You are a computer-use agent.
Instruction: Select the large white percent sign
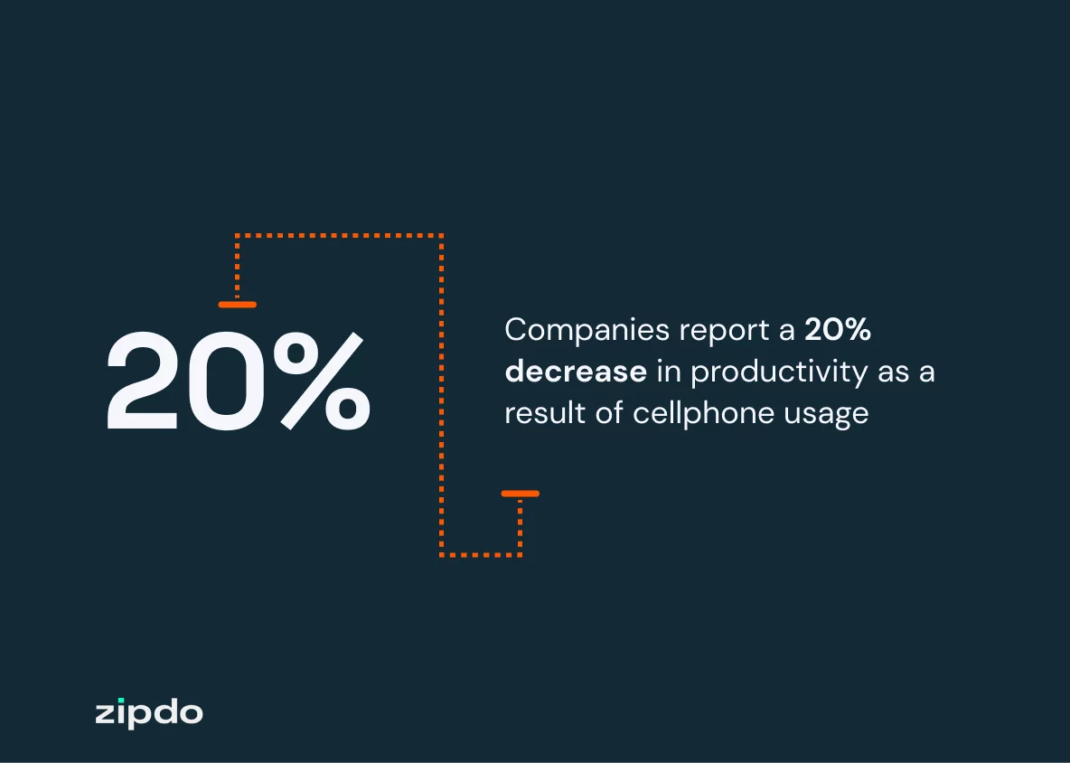coord(321,381)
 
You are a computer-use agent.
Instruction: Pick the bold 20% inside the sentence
coord(838,331)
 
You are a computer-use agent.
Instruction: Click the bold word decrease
coord(576,372)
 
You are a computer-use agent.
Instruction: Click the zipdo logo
coord(149,712)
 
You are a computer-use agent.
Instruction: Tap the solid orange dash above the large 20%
coord(237,305)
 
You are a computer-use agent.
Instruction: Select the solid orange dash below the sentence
coord(520,494)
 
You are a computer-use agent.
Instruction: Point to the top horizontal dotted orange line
coord(339,235)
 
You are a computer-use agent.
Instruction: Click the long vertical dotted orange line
coord(441,398)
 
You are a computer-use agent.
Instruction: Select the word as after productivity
coord(893,372)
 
